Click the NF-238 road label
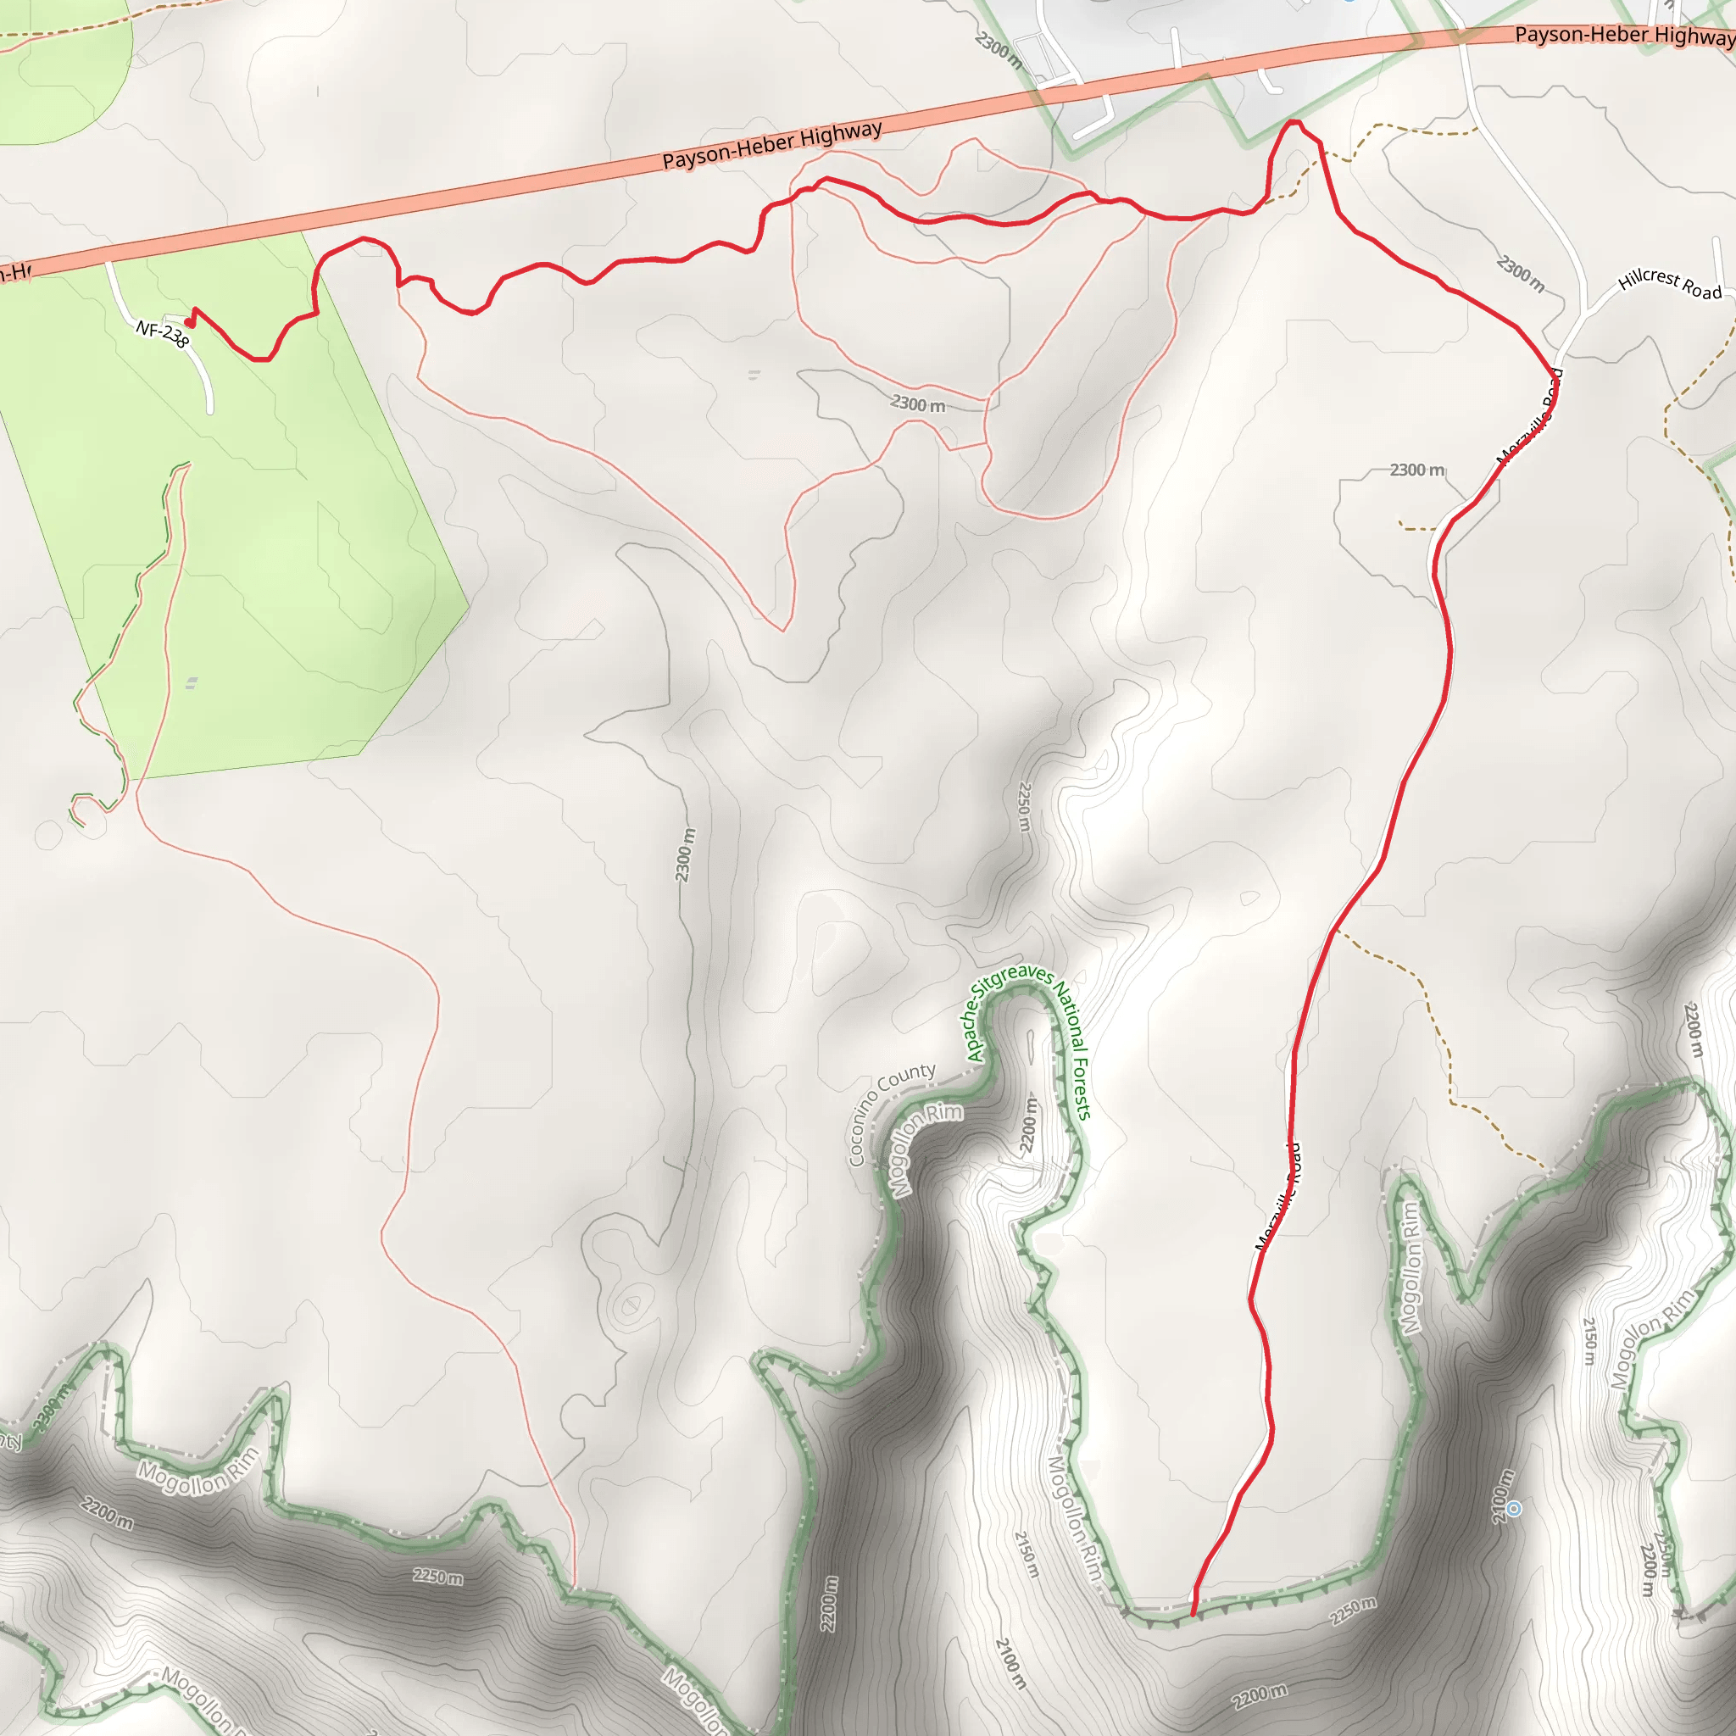[x=163, y=335]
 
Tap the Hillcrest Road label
[x=1670, y=284]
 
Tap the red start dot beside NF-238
[x=189, y=323]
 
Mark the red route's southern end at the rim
[x=1193, y=1615]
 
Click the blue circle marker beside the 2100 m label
[x=1514, y=1509]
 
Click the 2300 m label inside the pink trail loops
[x=917, y=404]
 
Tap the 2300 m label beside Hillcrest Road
[x=1521, y=273]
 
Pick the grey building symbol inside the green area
[x=192, y=684]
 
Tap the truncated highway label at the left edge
[x=15, y=270]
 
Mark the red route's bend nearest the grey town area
[x=1292, y=121]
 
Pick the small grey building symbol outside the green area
[x=753, y=374]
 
